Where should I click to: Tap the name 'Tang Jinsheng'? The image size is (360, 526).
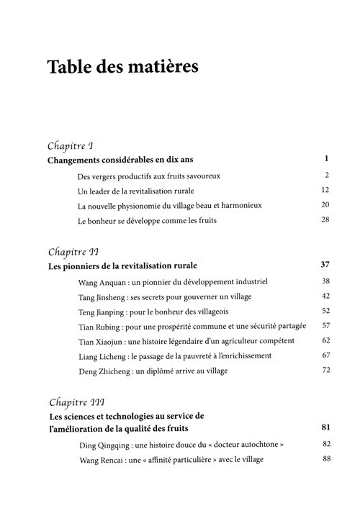[101, 296]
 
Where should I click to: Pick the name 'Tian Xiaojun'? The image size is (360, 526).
[100, 341]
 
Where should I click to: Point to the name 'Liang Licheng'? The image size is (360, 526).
[102, 356]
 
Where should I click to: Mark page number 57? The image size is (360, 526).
[325, 326]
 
